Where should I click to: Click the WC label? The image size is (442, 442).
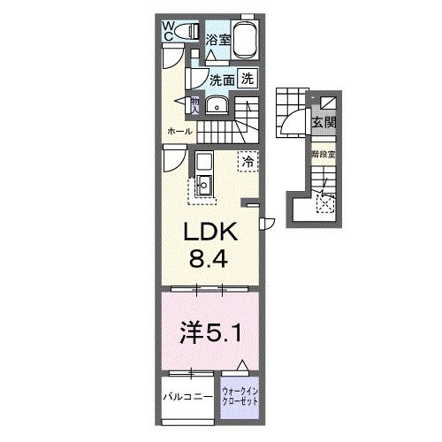(167, 31)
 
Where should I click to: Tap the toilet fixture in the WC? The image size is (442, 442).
(187, 33)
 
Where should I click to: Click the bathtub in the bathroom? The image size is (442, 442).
(245, 41)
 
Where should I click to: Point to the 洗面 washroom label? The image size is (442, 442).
(221, 80)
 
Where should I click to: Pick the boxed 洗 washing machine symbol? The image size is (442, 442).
(248, 78)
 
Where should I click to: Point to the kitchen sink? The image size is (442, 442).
(203, 186)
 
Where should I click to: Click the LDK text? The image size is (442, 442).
(209, 233)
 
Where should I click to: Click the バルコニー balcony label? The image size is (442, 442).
(187, 396)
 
